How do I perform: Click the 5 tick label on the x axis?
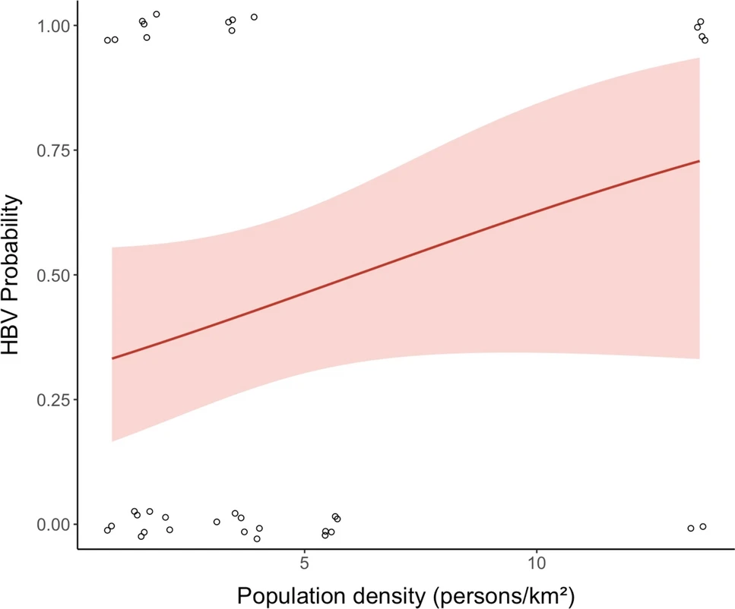tap(304, 566)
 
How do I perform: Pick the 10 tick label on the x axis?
tap(537, 566)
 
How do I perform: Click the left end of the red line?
tap(112, 358)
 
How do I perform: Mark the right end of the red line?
tap(699, 161)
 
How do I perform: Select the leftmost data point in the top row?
tap(108, 40)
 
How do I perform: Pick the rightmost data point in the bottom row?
tap(703, 526)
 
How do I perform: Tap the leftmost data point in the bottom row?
tap(107, 530)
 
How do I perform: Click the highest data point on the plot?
tap(157, 14)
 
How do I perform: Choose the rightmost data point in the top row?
tap(705, 39)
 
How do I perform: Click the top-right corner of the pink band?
tap(699, 58)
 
